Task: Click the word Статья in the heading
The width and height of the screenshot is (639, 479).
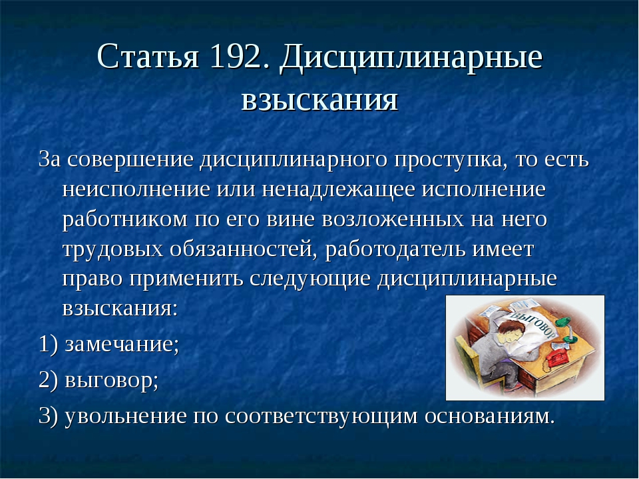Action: coord(148,56)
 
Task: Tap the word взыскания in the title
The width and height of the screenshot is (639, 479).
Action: coord(319,100)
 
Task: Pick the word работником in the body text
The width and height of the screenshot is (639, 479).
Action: coord(125,220)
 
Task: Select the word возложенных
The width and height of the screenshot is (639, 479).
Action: coord(393,220)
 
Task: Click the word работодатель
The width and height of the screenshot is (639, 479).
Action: coord(395,249)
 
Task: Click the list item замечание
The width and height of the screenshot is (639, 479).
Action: coord(120,345)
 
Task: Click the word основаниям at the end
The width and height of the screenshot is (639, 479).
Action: coord(489,416)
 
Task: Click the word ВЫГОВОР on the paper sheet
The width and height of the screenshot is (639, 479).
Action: coord(534,325)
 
